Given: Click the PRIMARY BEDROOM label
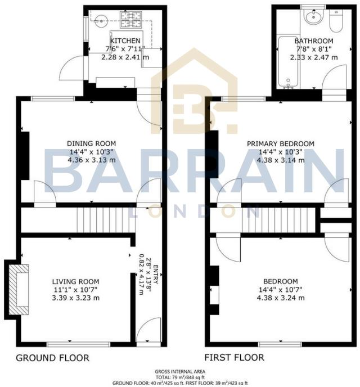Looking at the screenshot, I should click(x=281, y=143).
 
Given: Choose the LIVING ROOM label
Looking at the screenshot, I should click(x=76, y=281).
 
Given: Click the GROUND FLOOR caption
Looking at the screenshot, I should click(x=52, y=358).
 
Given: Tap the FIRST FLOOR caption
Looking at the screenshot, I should click(x=234, y=358).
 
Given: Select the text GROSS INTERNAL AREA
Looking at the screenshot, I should click(x=180, y=372).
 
